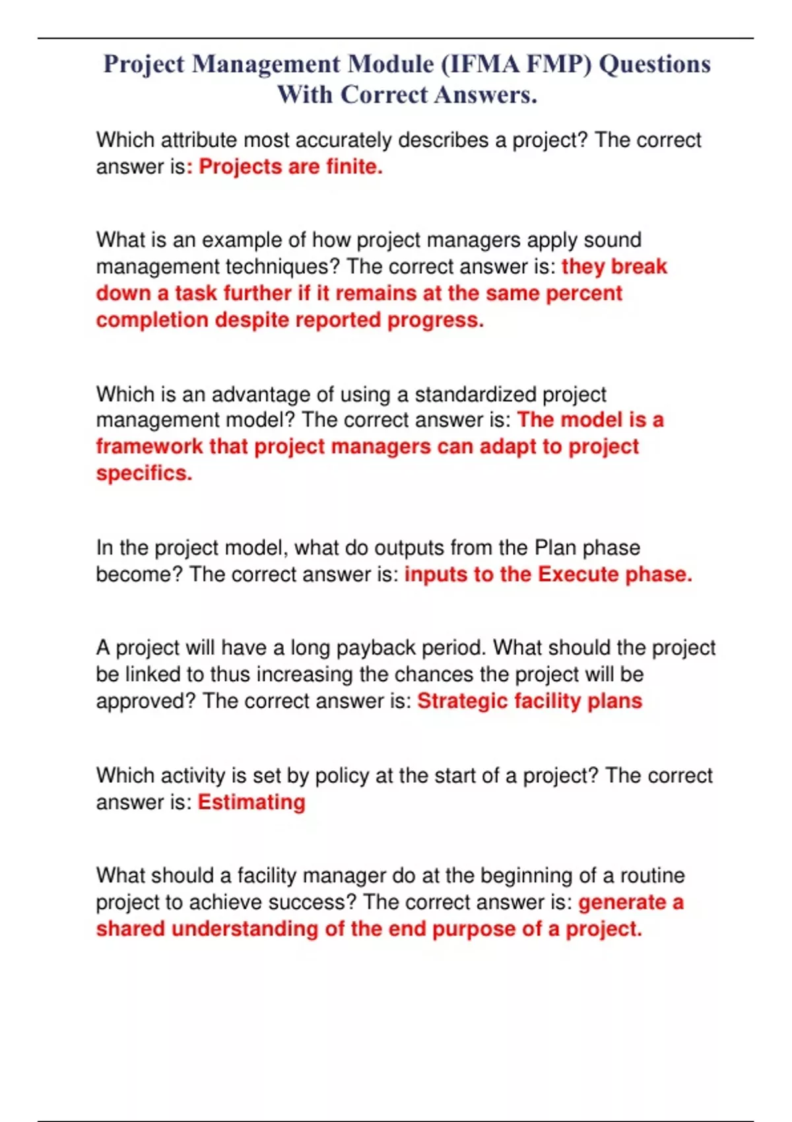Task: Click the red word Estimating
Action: tap(251, 802)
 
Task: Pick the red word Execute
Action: tap(578, 574)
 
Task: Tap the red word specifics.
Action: tap(144, 473)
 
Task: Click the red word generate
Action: tap(622, 902)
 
